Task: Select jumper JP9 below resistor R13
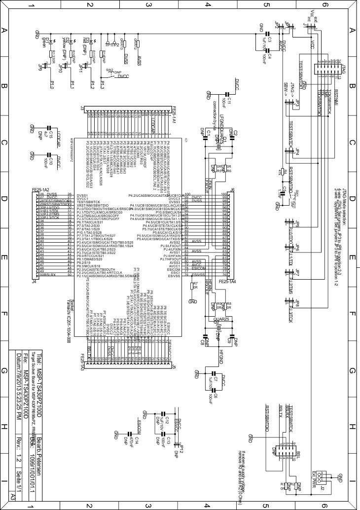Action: [41, 65]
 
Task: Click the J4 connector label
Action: [34, 281]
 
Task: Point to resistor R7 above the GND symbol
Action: [192, 286]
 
